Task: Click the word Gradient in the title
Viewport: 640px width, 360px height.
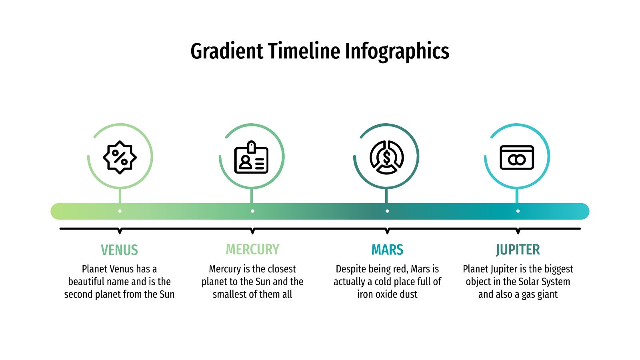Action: click(227, 51)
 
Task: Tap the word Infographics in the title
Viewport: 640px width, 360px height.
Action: click(397, 51)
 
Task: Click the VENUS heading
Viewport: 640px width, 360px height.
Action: click(119, 250)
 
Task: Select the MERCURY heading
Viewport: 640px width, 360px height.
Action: click(252, 249)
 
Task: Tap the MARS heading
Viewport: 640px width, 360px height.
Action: click(387, 250)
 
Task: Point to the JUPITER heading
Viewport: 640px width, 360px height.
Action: click(518, 250)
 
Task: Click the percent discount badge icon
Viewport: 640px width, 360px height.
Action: click(120, 157)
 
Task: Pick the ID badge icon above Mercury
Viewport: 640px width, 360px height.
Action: click(251, 158)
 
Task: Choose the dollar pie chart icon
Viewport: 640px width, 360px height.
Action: click(386, 157)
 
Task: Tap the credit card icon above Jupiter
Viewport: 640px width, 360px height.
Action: click(517, 157)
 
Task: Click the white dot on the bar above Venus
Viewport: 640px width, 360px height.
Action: click(120, 211)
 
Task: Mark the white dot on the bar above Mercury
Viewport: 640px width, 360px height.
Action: click(252, 211)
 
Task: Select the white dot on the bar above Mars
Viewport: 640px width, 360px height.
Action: click(387, 211)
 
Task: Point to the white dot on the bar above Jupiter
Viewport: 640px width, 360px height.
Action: click(518, 211)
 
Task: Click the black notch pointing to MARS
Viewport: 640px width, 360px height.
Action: click(387, 231)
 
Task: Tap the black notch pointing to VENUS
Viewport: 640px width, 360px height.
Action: click(120, 231)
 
